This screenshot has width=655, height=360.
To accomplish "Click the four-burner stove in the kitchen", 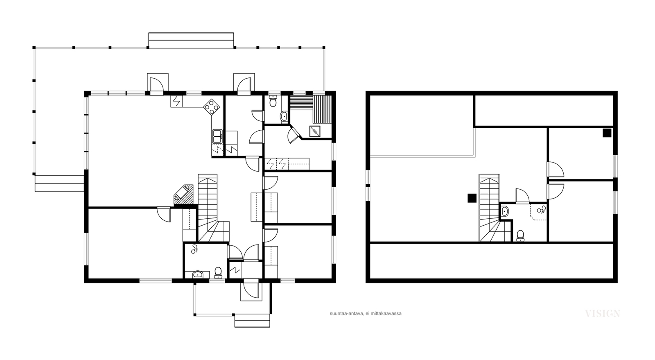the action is pos(211,108).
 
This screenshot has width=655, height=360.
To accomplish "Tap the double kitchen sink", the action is pos(217,136).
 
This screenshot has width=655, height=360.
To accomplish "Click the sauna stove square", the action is pos(315,131).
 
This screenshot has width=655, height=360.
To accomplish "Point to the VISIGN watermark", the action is pos(602,314).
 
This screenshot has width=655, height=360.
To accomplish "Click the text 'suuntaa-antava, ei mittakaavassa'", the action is pos(366,313).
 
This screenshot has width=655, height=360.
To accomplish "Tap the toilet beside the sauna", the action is pos(273,101).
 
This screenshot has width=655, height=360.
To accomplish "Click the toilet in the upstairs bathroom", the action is pos(520,236).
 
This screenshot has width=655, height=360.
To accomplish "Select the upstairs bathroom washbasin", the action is pos(505,211).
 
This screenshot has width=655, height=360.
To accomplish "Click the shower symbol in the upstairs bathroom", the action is pos(541,209).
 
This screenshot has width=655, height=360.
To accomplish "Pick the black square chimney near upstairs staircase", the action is pos(472,198).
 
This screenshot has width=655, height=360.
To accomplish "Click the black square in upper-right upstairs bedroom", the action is pos(607,133).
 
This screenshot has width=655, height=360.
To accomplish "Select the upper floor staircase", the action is pos(493,208).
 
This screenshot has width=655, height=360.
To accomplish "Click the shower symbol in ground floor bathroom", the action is pos(194,249).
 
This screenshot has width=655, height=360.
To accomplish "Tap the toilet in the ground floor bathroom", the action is pos(218,272).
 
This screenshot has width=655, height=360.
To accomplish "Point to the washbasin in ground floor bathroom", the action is pos(198,274).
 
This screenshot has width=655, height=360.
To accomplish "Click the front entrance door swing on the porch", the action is pos(251,290).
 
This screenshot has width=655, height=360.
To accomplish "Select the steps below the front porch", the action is pos(252,321).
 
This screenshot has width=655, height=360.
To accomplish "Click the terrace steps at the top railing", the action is pos(191,40).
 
